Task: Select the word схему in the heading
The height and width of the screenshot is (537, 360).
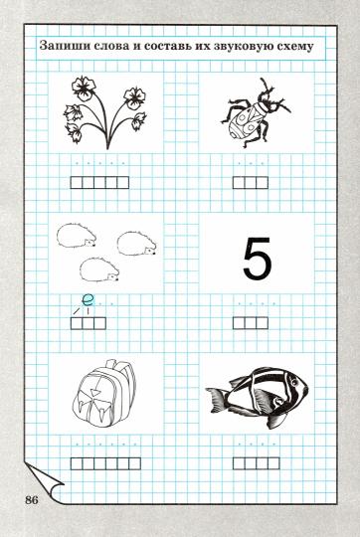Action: tap(294, 47)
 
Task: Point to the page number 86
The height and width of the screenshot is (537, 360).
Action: tap(32, 499)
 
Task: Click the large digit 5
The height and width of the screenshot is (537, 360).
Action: tap(258, 259)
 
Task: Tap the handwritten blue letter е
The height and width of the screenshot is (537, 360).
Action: tap(88, 300)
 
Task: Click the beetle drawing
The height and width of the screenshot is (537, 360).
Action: tap(256, 112)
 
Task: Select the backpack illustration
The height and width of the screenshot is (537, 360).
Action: tap(103, 394)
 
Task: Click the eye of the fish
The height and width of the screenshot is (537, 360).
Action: tap(293, 381)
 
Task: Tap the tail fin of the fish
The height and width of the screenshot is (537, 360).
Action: tap(216, 400)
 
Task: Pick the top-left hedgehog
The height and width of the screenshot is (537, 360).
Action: tap(77, 236)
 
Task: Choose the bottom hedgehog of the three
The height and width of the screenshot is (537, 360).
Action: tap(99, 269)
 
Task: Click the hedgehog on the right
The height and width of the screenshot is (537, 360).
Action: tap(137, 244)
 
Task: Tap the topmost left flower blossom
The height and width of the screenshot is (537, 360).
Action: tap(84, 89)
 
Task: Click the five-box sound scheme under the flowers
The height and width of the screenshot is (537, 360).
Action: tap(99, 183)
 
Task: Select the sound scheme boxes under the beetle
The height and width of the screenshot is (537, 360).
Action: tap(251, 183)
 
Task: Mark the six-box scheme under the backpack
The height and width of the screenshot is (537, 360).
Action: tap(105, 463)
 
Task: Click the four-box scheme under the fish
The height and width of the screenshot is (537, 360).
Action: tap(257, 463)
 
